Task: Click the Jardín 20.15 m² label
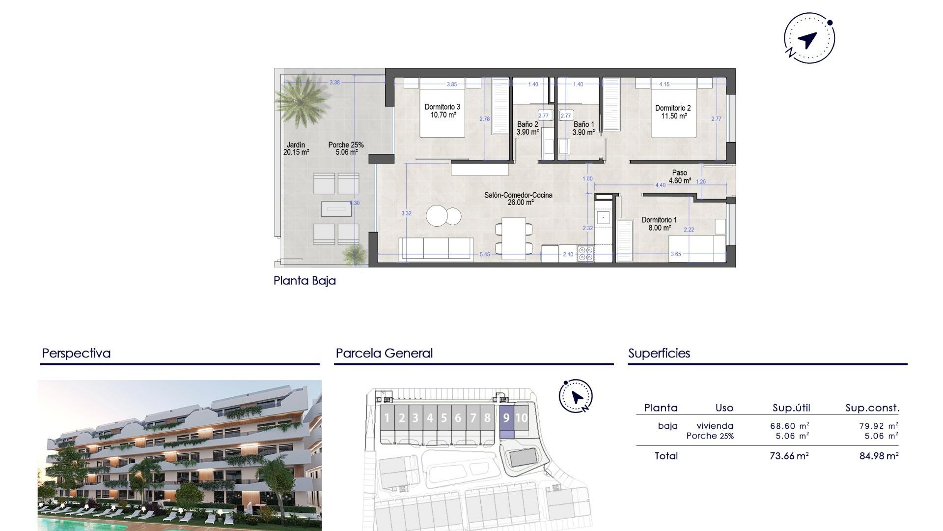(x=296, y=148)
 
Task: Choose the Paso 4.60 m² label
(x=680, y=177)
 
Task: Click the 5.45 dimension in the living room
(x=484, y=254)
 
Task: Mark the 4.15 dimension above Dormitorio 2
(x=664, y=84)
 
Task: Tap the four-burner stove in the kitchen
(x=585, y=254)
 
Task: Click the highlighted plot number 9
(x=506, y=418)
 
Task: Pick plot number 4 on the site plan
(x=430, y=418)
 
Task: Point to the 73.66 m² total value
(x=789, y=456)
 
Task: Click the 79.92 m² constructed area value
(x=878, y=426)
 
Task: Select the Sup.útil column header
(x=791, y=408)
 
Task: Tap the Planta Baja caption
(x=305, y=281)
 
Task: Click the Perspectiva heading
(x=76, y=353)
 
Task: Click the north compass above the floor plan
(x=809, y=38)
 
